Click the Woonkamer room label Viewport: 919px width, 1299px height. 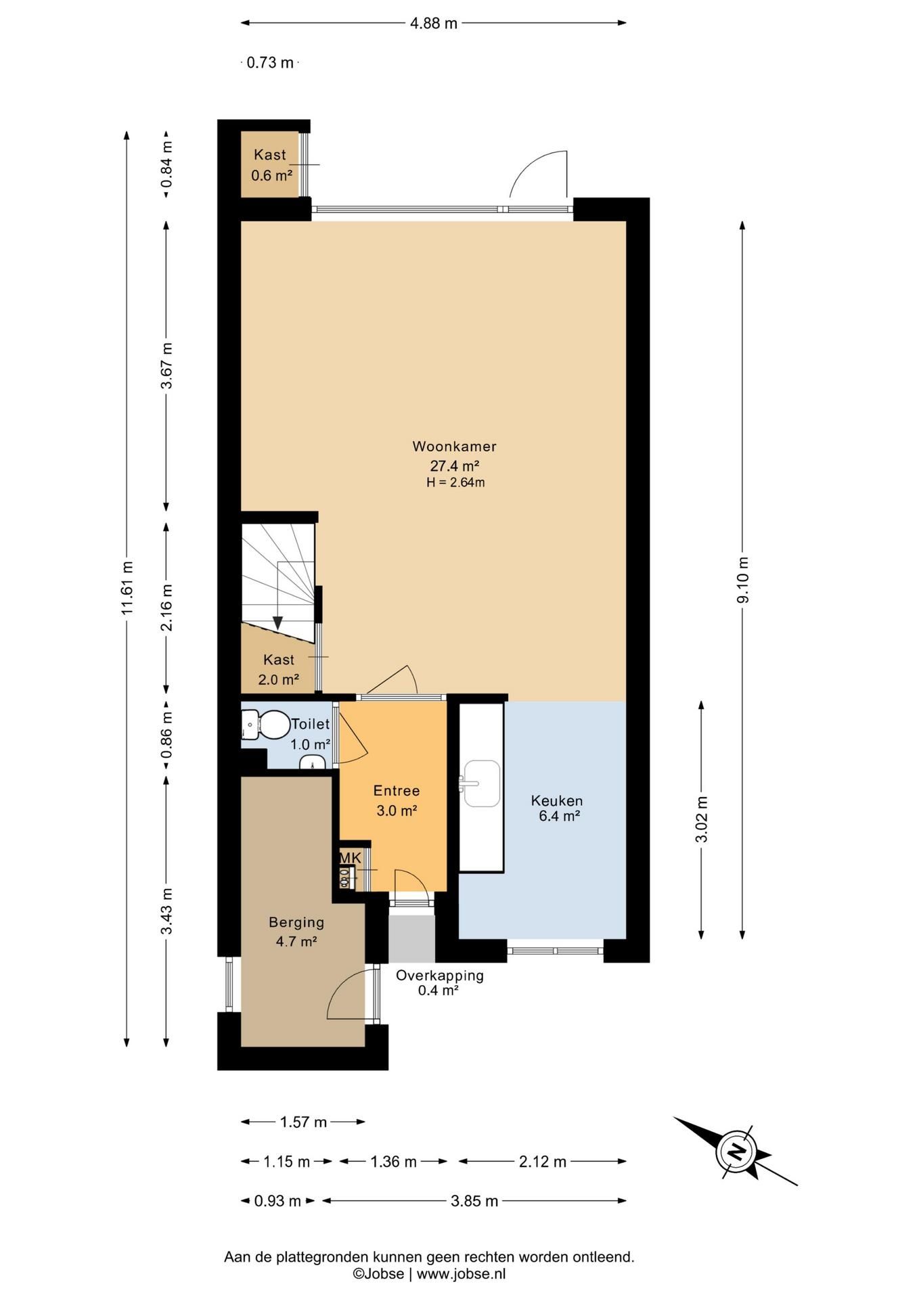[x=454, y=447]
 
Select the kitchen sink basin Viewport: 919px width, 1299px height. [x=481, y=783]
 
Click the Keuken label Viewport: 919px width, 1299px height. [x=557, y=801]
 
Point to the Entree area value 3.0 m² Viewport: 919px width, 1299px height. [x=397, y=810]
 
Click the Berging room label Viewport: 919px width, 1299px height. [x=296, y=922]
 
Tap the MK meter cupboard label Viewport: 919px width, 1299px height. [x=351, y=858]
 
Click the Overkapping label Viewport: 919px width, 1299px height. [x=440, y=976]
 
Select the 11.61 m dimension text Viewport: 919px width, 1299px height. [x=127, y=588]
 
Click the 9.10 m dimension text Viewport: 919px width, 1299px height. [x=742, y=580]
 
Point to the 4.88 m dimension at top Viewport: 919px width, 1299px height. [x=434, y=23]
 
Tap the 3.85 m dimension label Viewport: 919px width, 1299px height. [x=474, y=1201]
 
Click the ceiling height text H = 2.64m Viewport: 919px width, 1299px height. [x=455, y=482]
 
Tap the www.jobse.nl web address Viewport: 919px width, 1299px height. [x=461, y=1274]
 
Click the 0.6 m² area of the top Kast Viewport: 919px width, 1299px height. [x=271, y=175]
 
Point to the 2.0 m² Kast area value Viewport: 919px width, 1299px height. [x=279, y=679]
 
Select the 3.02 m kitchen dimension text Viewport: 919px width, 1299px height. [x=701, y=819]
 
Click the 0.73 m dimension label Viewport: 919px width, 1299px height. [x=270, y=63]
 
